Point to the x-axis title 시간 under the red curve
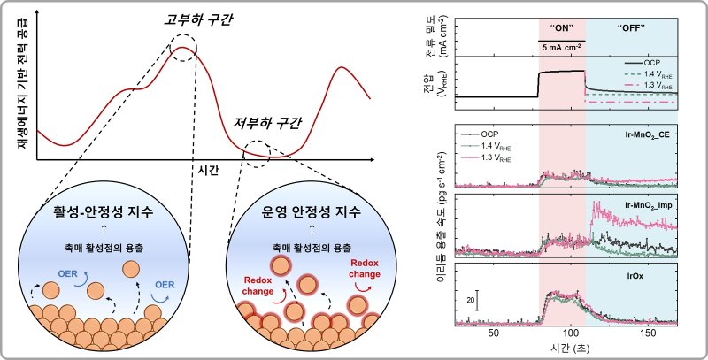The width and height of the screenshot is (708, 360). [210, 168]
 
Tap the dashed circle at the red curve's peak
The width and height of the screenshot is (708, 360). [186, 46]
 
